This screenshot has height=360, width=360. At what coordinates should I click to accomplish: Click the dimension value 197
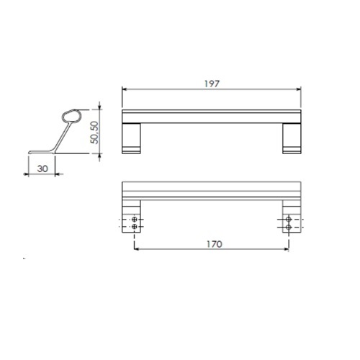tap(212, 84)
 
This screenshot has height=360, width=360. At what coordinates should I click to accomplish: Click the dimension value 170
tap(215, 244)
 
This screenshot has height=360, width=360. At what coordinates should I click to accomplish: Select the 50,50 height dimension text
tap(94, 132)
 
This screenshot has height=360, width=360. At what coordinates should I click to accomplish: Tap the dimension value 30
tap(42, 168)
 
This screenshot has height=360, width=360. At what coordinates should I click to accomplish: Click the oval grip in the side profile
tap(72, 117)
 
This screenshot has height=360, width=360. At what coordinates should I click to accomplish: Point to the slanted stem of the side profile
tap(62, 138)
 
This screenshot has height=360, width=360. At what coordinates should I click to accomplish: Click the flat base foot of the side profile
tap(41, 152)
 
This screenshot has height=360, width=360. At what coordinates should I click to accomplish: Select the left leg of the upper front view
tap(131, 138)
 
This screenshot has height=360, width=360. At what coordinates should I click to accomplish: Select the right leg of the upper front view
tap(292, 138)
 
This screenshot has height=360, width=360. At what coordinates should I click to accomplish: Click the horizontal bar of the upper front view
tap(212, 117)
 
